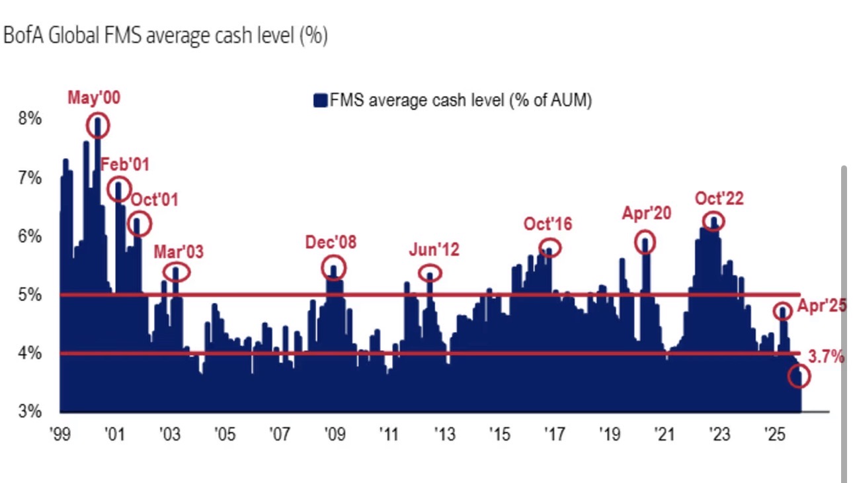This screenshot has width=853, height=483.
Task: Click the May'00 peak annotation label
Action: point(95,98)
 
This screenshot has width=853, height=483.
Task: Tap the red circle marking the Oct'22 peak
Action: point(713,221)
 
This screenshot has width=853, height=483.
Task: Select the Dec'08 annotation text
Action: point(331,242)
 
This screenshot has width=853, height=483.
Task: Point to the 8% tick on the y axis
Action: point(31,120)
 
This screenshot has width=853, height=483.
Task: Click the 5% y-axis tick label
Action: point(31,294)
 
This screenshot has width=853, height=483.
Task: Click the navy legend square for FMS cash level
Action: point(320,101)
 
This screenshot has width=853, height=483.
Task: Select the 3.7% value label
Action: point(827,357)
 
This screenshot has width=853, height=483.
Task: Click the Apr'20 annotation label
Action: point(646,213)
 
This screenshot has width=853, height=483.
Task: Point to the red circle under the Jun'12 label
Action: point(430,273)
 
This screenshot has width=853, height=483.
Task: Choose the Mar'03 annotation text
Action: point(179,251)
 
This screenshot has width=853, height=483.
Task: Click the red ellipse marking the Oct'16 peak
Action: point(549,247)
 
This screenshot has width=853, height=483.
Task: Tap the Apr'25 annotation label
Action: point(821,306)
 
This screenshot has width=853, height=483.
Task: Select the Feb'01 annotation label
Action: point(125,164)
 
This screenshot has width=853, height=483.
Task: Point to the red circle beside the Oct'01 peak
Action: point(139,224)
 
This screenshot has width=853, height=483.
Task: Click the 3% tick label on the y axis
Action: point(31,411)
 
